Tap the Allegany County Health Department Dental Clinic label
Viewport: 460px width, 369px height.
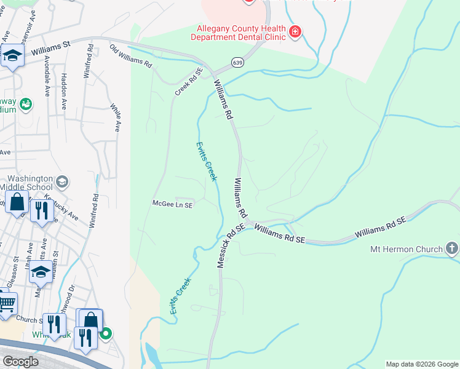240,33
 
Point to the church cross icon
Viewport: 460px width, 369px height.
452,248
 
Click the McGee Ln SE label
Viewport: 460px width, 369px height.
173,204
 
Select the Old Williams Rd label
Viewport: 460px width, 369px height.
130,55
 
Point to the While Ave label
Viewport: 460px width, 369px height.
114,117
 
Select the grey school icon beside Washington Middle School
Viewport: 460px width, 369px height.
62,182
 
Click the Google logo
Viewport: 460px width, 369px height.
20,361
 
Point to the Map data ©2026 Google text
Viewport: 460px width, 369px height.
421,364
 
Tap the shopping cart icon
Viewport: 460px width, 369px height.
6,303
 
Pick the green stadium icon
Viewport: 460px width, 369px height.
26,105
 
